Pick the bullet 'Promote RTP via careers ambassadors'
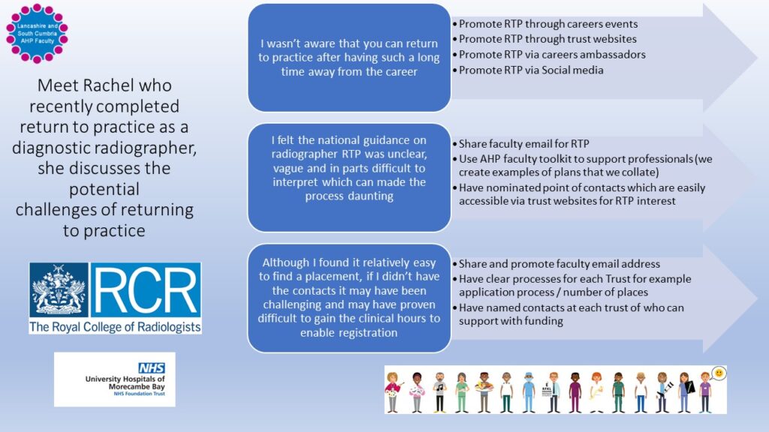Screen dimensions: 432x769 (552, 55)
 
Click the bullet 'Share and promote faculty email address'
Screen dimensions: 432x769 (559, 263)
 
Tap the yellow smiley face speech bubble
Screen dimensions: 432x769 (718, 373)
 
